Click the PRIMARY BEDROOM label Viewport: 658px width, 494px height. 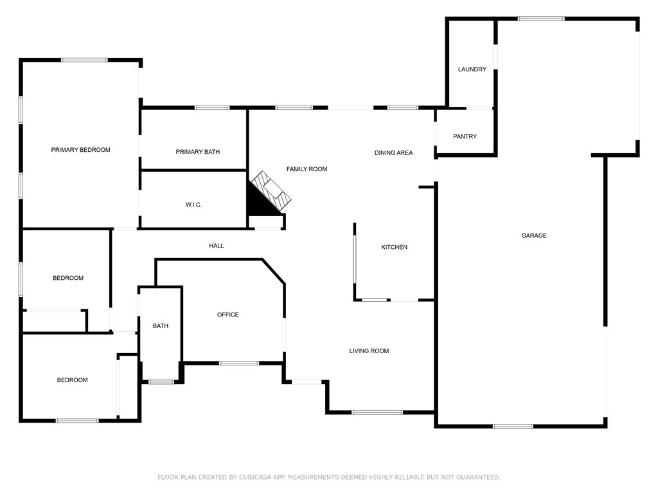point(80,150)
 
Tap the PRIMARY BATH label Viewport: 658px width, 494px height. point(197,152)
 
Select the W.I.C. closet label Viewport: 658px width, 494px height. point(193,205)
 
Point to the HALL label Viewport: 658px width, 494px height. point(217,246)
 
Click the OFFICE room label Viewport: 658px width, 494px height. point(227,315)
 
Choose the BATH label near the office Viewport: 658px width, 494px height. point(161,326)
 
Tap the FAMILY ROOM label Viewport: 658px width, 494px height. point(307,169)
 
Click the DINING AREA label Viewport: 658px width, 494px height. point(393,153)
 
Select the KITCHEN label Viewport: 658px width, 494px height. point(394,248)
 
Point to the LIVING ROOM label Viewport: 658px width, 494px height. point(369,351)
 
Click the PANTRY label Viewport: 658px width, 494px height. point(465,136)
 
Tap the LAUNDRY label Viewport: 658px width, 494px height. point(472,69)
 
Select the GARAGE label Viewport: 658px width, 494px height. point(533,236)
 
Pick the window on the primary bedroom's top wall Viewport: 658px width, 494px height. point(84,60)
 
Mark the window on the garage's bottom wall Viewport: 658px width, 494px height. point(513,426)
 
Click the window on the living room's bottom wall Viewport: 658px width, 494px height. point(377,412)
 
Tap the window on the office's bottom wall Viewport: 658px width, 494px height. point(239,363)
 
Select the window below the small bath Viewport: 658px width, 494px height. point(161,382)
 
